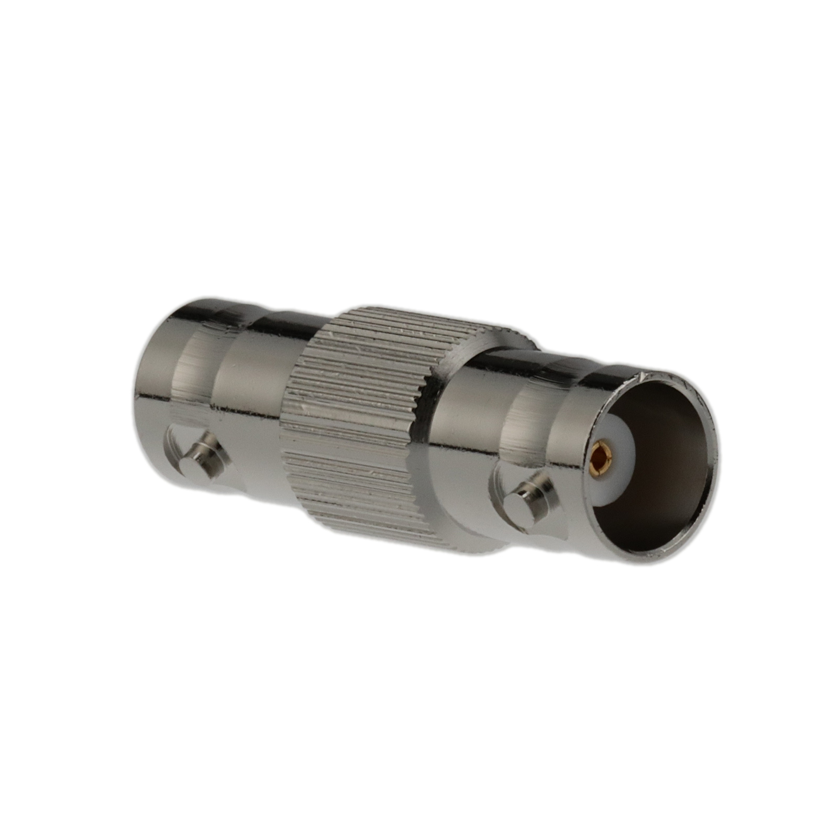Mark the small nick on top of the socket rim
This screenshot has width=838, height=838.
point(643,376)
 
